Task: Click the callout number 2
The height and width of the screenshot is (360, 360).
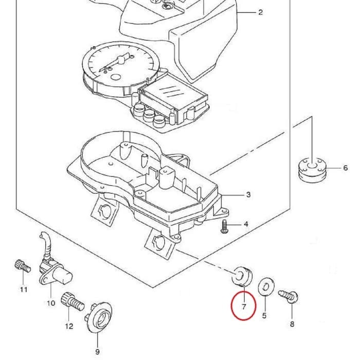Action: pyautogui.click(x=260, y=12)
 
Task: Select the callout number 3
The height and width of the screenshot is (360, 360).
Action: pyautogui.click(x=248, y=195)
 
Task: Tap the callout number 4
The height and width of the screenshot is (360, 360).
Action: pyautogui.click(x=246, y=225)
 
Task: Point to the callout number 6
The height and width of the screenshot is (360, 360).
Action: pyautogui.click(x=346, y=168)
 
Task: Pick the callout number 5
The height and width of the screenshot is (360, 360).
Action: pyautogui.click(x=264, y=316)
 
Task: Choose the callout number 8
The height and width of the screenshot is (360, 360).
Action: pyautogui.click(x=292, y=324)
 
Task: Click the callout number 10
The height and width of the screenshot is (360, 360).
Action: pyautogui.click(x=51, y=303)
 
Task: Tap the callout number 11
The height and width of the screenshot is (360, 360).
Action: pyautogui.click(x=23, y=290)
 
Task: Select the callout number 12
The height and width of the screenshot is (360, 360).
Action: pyautogui.click(x=69, y=326)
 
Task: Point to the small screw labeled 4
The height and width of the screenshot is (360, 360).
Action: pyautogui.click(x=224, y=226)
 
